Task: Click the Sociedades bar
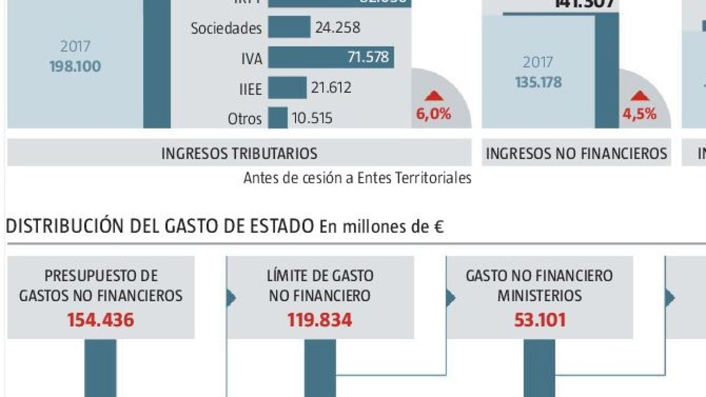[x=289, y=27]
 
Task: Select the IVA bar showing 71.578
[x=331, y=58]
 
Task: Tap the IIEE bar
[x=287, y=88]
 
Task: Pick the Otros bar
[x=278, y=118]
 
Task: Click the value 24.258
[x=337, y=27]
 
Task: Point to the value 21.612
[x=331, y=88]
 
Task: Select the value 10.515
[x=312, y=118]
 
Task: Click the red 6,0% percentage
[x=433, y=114]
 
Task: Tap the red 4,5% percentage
[x=639, y=114]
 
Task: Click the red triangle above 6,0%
[x=434, y=96]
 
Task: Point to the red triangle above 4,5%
[x=639, y=96]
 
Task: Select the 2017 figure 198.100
[x=75, y=66]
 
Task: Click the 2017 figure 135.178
[x=538, y=82]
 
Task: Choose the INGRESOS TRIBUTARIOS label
[x=239, y=153]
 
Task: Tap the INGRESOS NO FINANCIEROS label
[x=576, y=153]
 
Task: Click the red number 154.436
[x=101, y=320]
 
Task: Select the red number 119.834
[x=320, y=320]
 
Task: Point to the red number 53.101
[x=540, y=320]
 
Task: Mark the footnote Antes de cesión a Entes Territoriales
[x=357, y=178]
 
